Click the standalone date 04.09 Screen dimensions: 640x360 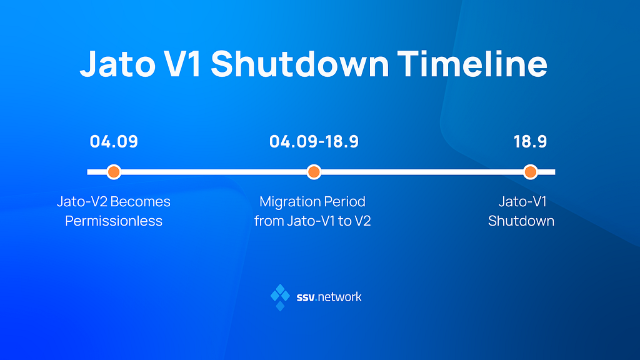click(x=114, y=142)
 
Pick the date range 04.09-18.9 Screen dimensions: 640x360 click(x=314, y=142)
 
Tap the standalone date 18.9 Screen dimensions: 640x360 click(x=530, y=142)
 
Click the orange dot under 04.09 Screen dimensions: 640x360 click(x=114, y=172)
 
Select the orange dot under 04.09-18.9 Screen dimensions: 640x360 click(x=314, y=172)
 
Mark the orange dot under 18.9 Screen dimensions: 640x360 click(x=530, y=172)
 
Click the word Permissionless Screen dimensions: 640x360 click(x=114, y=221)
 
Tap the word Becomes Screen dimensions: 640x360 click(x=141, y=202)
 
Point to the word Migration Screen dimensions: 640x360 click(x=289, y=202)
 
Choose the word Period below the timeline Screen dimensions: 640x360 click(x=345, y=202)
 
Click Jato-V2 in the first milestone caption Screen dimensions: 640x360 click(x=82, y=202)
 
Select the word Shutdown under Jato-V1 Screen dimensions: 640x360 click(x=521, y=221)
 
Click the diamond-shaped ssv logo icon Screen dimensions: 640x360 click(x=281, y=297)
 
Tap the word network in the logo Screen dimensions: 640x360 click(x=339, y=297)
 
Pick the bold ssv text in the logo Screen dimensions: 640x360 click(x=306, y=297)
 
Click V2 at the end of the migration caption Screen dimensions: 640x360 click(x=363, y=221)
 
